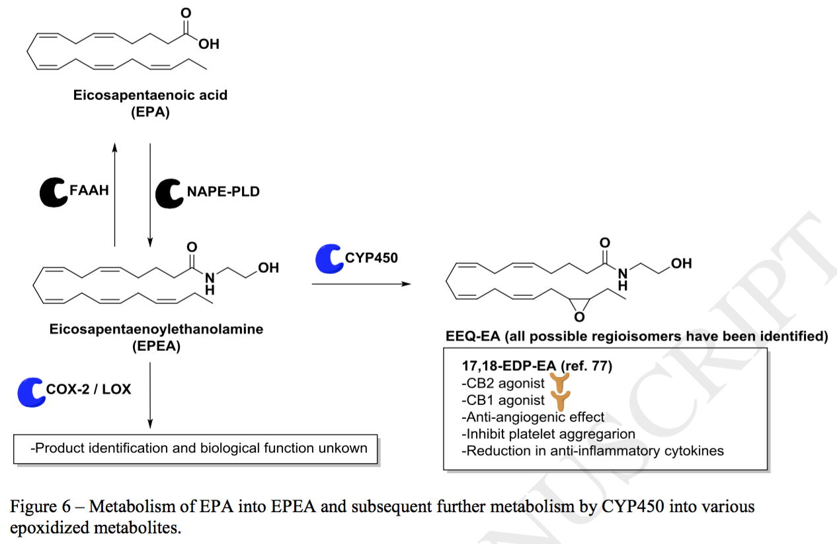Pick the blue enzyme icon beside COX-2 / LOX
(31, 390)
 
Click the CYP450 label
(372, 257)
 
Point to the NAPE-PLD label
(223, 192)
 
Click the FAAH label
(89, 191)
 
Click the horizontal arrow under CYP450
(361, 284)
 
